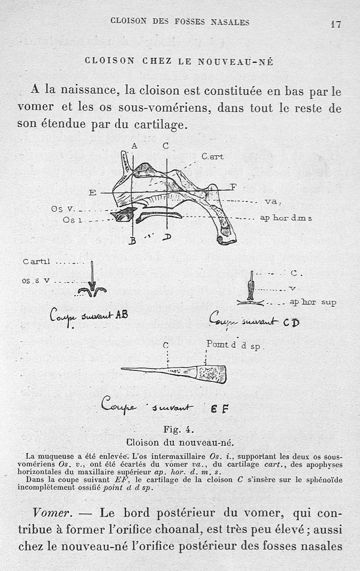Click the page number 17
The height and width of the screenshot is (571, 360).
(x=335, y=24)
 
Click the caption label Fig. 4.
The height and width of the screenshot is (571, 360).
(x=179, y=429)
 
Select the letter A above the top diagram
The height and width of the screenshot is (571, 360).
(x=134, y=146)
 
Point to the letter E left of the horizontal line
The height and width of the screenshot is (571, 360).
(x=93, y=193)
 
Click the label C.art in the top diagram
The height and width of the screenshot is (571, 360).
(x=212, y=157)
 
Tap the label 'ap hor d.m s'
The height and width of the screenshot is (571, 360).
(x=286, y=218)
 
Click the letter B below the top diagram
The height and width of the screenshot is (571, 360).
(x=132, y=241)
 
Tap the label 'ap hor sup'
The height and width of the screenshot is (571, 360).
(x=313, y=302)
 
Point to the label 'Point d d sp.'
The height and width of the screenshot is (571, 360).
(x=234, y=346)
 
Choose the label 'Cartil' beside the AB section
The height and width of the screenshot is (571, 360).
(x=37, y=261)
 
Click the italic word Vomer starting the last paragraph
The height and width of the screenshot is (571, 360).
(x=49, y=513)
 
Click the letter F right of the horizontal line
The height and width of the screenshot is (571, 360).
(x=233, y=187)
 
